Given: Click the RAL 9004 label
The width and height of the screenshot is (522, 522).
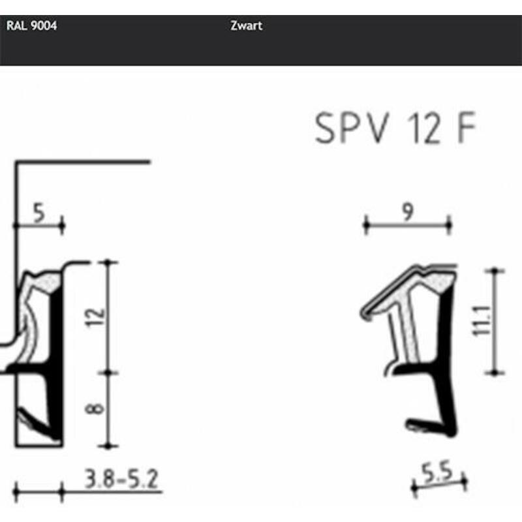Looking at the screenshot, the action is coord(31,25).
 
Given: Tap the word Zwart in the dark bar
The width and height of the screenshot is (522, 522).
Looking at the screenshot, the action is coord(247,25).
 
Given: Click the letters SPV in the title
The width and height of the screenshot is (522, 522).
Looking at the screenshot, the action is coord(352,128).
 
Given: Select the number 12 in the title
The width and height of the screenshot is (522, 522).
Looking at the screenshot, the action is coord(423,129).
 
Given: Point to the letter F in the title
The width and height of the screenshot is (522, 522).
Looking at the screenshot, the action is coord(467,128).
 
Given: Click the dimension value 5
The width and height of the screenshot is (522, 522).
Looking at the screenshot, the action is coord(38,213).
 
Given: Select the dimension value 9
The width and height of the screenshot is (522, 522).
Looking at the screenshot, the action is coord(408,211).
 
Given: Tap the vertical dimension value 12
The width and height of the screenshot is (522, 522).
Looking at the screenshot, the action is coord(96,318).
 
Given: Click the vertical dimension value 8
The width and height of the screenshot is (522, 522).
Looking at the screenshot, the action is coord(95,408).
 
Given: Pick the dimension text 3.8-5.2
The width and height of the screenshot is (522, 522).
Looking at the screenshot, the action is coord(121,479).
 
